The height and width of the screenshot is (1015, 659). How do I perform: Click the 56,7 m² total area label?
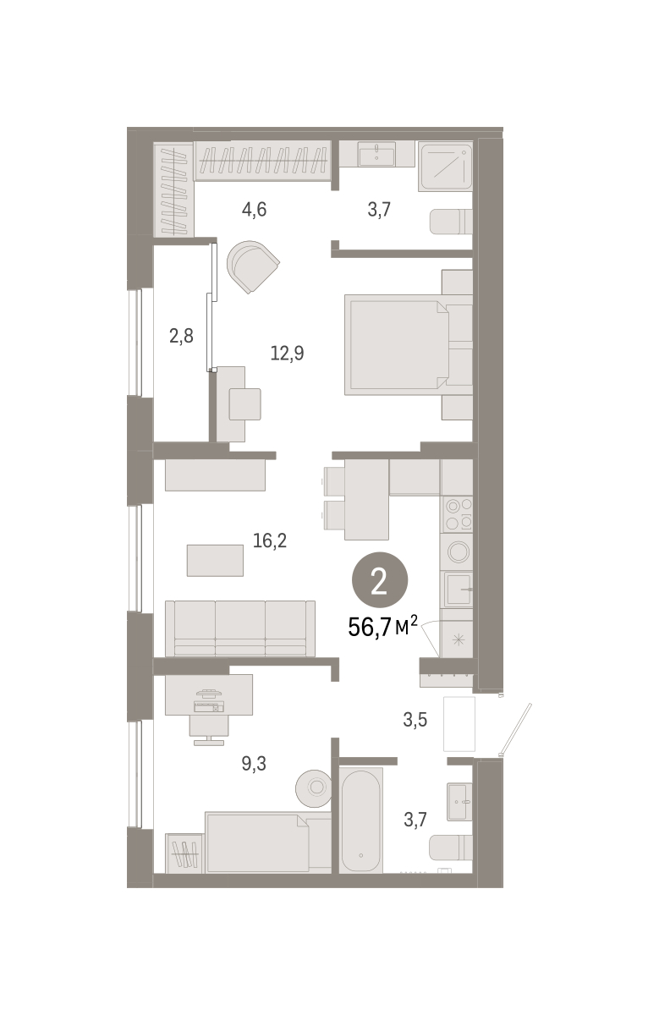[x=382, y=627]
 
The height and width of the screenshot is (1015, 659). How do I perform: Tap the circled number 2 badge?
[x=380, y=579]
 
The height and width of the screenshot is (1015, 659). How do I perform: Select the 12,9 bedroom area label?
[x=287, y=353]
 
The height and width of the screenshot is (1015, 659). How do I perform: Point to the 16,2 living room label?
[x=270, y=540]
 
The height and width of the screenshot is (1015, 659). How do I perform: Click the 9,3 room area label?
[x=254, y=764]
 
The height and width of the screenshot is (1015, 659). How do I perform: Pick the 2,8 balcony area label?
[x=181, y=337]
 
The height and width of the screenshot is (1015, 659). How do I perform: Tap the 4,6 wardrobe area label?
[x=254, y=210]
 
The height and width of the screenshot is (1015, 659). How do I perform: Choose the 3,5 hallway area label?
[x=415, y=720]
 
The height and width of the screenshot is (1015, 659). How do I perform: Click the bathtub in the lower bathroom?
[x=360, y=820]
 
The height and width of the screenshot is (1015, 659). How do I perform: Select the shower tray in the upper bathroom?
[x=446, y=167]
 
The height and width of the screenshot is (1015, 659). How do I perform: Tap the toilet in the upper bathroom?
[x=451, y=222]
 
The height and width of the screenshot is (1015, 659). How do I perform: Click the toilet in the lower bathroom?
[x=451, y=848]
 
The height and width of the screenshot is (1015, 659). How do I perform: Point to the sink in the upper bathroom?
[x=376, y=154]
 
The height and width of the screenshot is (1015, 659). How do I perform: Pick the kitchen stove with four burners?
[x=459, y=514]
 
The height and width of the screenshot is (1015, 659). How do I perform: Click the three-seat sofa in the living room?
[x=240, y=628]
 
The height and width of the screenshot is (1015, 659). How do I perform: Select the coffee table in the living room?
[x=215, y=560]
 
